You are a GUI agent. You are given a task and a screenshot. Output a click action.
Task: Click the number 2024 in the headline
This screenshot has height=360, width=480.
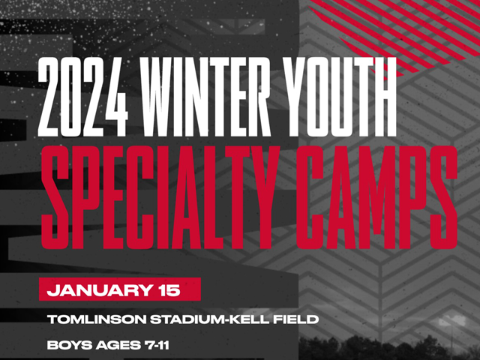pos(82,97)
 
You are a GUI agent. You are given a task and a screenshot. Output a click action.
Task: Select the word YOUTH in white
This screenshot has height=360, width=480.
pos(339,97)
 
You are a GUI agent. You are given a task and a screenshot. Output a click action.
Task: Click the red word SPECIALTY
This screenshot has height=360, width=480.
pos(160,197)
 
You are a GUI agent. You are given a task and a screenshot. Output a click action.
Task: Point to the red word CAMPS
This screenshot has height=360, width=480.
pos(376,197)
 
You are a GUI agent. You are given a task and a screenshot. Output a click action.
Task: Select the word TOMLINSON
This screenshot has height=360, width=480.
pos(97,319)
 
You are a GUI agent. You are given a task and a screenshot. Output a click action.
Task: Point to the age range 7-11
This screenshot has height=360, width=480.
pos(157,345)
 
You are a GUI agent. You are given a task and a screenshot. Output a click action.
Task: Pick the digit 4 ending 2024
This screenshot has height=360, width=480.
pos(115,97)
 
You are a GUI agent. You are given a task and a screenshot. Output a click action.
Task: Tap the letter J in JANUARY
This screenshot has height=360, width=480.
pos(52,290)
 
